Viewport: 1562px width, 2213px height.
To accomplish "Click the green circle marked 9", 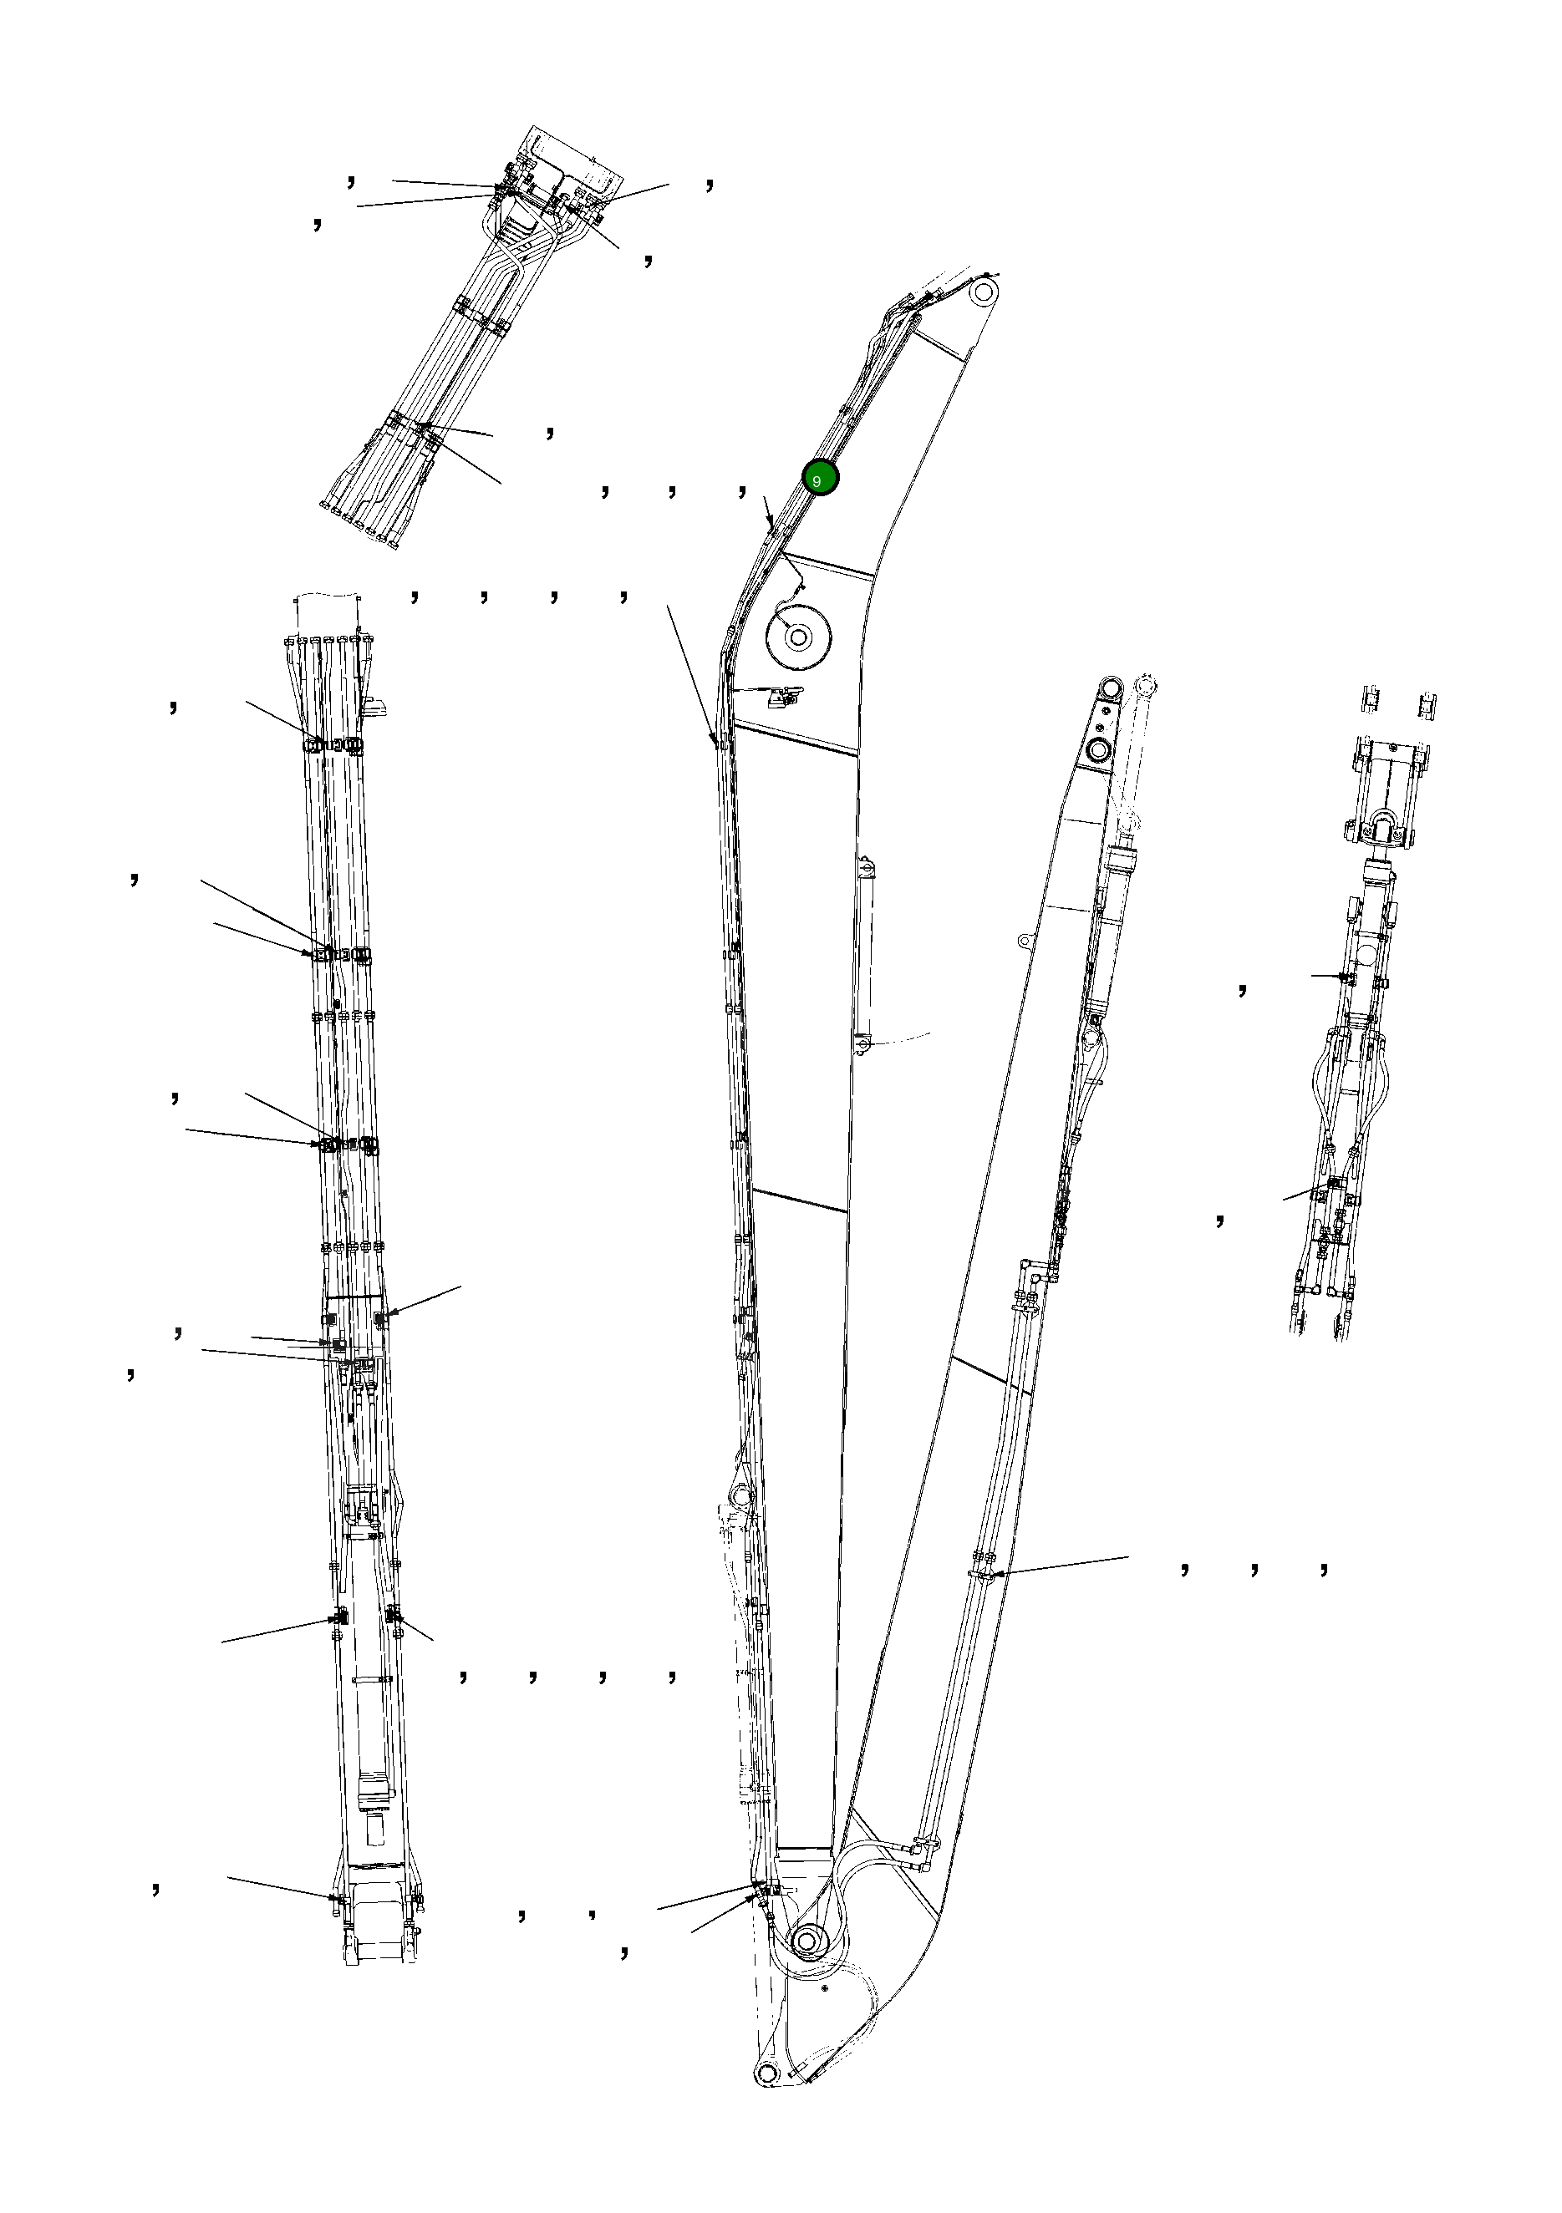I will click(x=821, y=478).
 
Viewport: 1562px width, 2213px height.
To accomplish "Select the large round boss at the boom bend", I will click(x=797, y=636).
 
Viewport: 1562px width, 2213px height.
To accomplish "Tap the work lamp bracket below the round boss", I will click(x=781, y=696).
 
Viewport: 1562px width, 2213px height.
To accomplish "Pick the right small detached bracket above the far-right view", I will click(x=1428, y=703).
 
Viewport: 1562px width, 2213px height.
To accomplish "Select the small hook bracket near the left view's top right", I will click(x=376, y=707).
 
